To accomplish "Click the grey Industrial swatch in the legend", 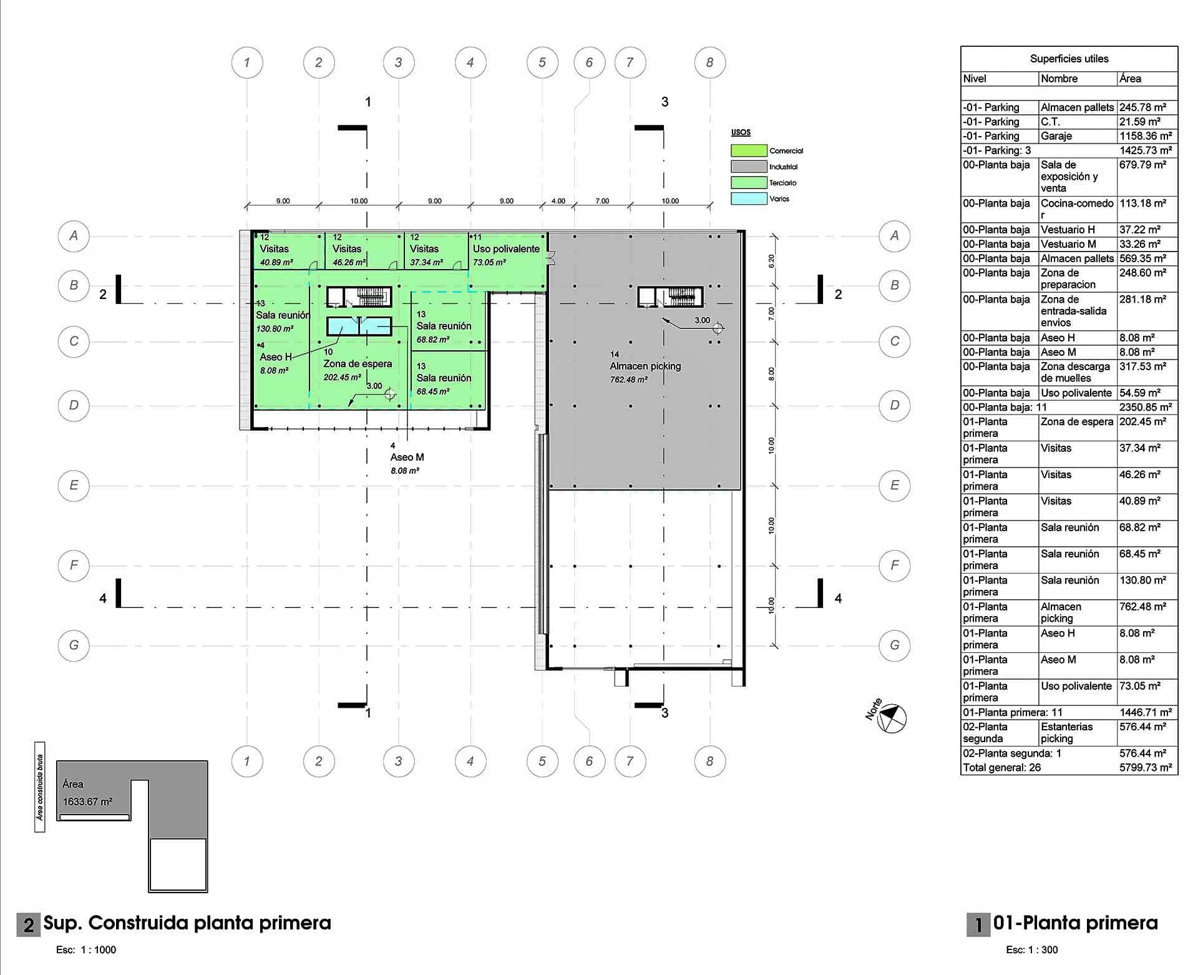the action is click(x=749, y=167).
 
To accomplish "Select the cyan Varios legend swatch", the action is click(x=749, y=198).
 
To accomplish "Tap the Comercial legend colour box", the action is click(x=749, y=150).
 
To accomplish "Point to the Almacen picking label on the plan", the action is click(x=645, y=366).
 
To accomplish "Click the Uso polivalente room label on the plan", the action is click(x=506, y=248).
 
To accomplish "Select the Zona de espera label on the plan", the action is click(x=358, y=364).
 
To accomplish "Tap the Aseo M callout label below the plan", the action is click(x=407, y=458).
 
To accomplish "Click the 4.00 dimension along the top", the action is click(x=558, y=201).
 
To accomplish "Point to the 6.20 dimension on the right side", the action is click(x=772, y=261).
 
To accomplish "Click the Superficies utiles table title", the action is click(x=1069, y=59).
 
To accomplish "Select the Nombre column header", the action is click(x=1059, y=79).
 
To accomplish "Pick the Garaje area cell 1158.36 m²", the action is click(x=1146, y=136).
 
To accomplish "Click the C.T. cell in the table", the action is click(x=1051, y=122).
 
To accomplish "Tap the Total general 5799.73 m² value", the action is click(x=1146, y=768).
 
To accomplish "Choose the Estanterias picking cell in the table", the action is click(x=1067, y=732).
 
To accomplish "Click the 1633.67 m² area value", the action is click(x=87, y=801).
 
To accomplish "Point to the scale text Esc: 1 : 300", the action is click(x=1032, y=950).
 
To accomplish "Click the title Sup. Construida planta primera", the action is click(x=187, y=923).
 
